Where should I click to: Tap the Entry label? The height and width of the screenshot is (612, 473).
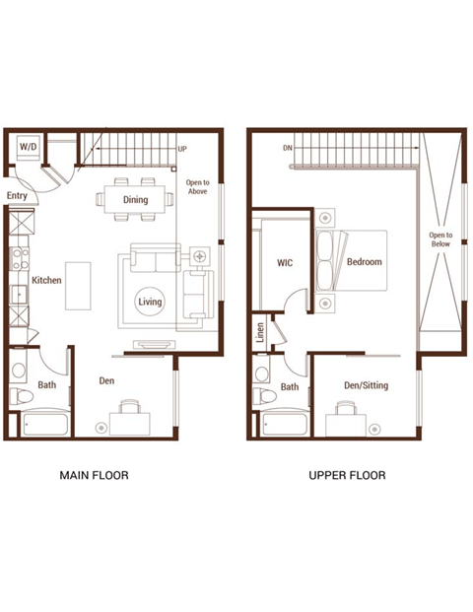coord(17,196)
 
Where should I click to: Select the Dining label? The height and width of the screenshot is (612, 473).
coord(136,200)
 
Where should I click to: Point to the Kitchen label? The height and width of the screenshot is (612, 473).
coord(46,281)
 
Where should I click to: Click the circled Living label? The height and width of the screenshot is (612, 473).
coord(150,302)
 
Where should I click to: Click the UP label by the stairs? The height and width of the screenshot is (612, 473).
coord(182,150)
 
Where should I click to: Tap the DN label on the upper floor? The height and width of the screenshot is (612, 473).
coord(287,149)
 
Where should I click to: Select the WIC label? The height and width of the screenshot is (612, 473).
coord(286,263)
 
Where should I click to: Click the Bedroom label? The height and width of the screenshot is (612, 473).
coord(364,262)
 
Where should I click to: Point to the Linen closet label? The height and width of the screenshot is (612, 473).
coord(261,332)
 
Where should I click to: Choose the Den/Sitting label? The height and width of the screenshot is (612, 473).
coord(365,385)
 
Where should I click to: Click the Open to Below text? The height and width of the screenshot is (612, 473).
coord(439,241)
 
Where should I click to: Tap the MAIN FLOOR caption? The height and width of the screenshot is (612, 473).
coord(95,475)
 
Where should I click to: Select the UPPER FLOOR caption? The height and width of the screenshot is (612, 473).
coord(347,475)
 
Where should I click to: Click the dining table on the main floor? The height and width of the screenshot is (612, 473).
coord(136,200)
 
